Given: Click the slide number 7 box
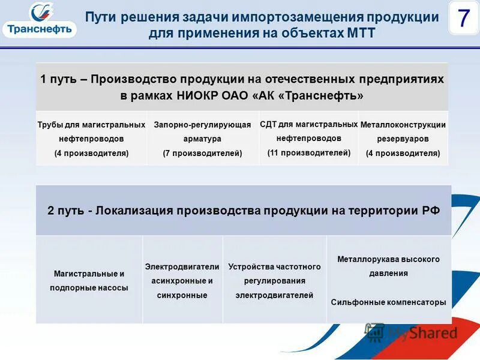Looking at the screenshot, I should (x=463, y=19).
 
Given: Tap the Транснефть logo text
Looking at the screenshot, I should (x=40, y=29).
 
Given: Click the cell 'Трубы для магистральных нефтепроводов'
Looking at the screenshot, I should (x=91, y=139).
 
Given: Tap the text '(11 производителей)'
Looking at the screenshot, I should (x=308, y=152).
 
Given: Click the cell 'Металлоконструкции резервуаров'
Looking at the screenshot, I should (x=403, y=139).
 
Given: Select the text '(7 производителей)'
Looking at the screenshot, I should (x=202, y=153).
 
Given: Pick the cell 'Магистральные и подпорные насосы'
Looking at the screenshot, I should (x=89, y=280).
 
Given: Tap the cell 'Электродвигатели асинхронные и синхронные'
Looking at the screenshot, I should (x=182, y=280).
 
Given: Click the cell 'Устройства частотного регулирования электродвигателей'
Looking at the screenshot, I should (x=274, y=280).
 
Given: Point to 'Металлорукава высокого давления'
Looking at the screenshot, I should (x=388, y=266).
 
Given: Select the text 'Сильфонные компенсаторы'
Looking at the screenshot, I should (x=388, y=302).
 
